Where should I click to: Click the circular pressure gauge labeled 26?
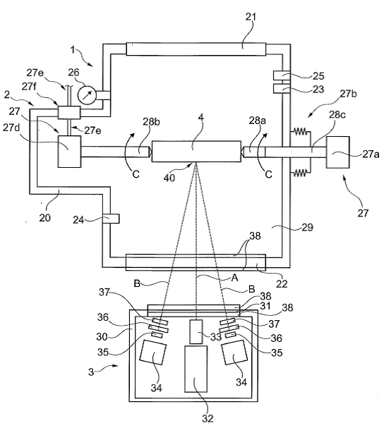tap(87, 94)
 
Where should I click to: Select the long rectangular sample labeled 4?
tap(196, 151)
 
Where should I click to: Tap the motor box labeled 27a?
tap(338, 152)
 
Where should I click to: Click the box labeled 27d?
tap(69, 152)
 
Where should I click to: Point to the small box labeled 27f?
tap(69, 112)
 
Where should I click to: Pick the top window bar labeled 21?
tap(196, 49)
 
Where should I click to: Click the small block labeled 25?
tap(282, 75)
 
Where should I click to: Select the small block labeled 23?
tap(282, 88)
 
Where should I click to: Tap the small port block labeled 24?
tap(111, 219)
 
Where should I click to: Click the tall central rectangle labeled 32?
tap(196, 369)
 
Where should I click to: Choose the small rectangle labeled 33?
tap(196, 331)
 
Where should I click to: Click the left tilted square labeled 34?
tap(153, 352)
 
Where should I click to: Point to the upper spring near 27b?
tap(301, 132)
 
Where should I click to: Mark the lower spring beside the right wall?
tap(301, 173)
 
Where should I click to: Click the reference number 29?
tap(306, 227)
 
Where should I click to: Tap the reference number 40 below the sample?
tap(169, 178)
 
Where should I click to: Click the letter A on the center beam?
tap(234, 278)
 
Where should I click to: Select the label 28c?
tap(337, 115)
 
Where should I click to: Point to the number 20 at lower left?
tap(44, 218)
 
